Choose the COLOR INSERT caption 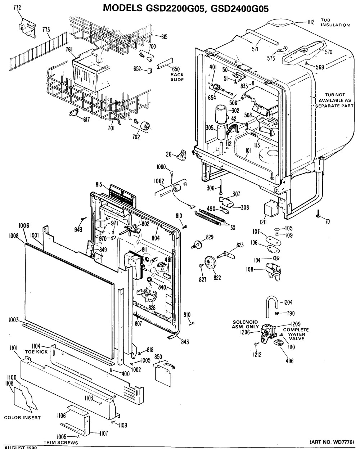22,418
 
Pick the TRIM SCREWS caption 61,443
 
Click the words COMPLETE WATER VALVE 296,334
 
